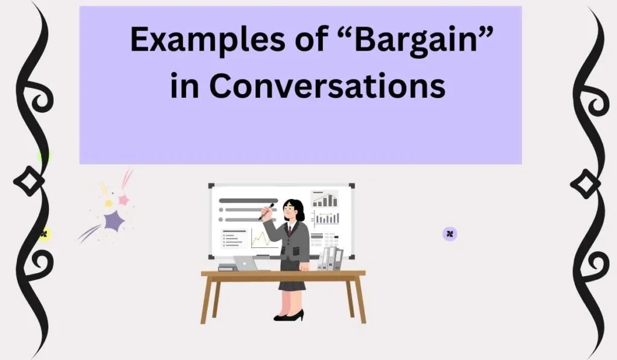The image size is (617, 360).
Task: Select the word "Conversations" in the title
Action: pos(328,86)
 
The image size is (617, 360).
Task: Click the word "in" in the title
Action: pos(183,86)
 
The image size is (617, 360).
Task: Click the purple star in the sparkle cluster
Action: pos(113,221)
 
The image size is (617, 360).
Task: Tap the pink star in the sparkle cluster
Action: pos(124,200)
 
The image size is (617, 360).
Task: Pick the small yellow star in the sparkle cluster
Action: pos(108,203)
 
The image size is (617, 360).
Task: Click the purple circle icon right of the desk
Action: pos(449,234)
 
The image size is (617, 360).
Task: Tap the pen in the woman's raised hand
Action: pos(266,211)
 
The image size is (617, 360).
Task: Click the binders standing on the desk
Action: pos(330,258)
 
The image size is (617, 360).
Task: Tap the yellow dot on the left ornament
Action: pos(43,234)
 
